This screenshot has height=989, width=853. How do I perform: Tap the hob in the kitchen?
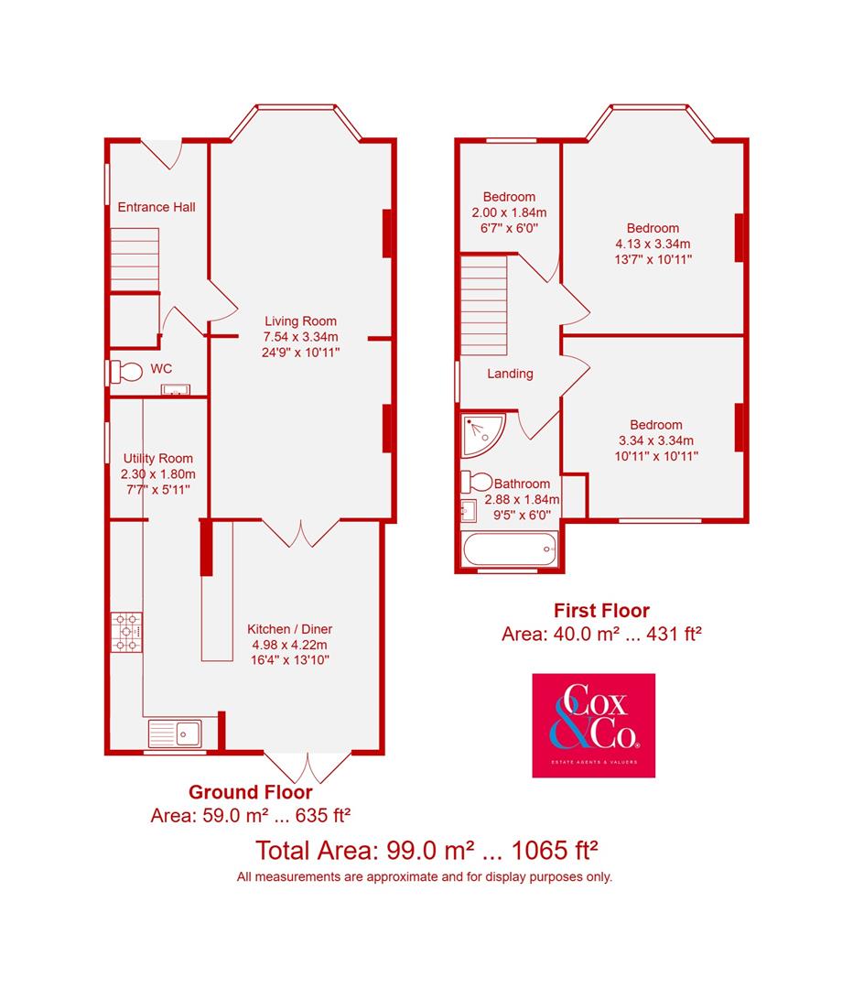[x=127, y=632]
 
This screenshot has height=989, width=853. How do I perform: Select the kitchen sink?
[x=181, y=733]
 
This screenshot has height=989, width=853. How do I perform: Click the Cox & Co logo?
[x=593, y=725]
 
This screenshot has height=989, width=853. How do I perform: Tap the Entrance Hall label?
[x=157, y=207]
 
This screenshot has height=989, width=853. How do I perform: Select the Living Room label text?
[x=300, y=321]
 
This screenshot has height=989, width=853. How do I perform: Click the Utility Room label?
[x=158, y=459]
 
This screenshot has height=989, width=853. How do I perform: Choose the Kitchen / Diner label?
[x=289, y=629]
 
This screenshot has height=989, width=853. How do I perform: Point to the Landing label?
[x=510, y=374]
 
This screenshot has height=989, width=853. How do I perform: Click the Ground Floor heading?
[x=250, y=792]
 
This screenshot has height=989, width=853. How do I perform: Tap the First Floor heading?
[x=601, y=610]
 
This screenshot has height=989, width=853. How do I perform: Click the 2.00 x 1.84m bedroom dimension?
[x=509, y=212]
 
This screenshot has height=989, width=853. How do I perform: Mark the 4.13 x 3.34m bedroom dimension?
[x=653, y=244]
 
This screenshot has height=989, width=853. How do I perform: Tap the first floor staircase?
[x=483, y=305]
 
